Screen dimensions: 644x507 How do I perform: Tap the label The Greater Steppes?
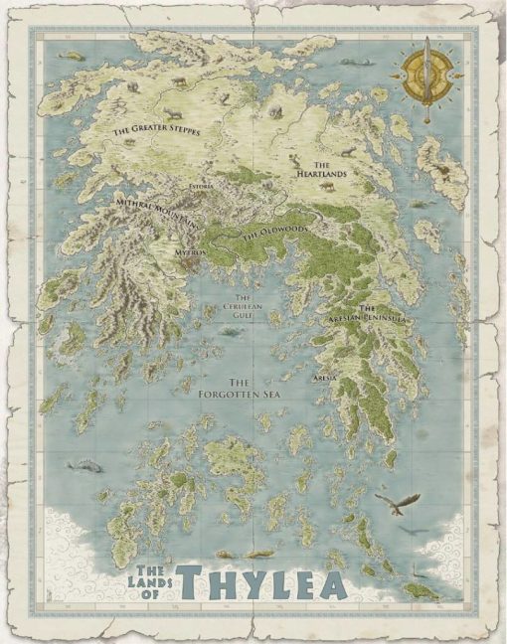[156, 129]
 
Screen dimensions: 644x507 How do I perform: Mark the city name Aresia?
[325, 379]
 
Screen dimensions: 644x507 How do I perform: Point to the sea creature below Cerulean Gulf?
[230, 331]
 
